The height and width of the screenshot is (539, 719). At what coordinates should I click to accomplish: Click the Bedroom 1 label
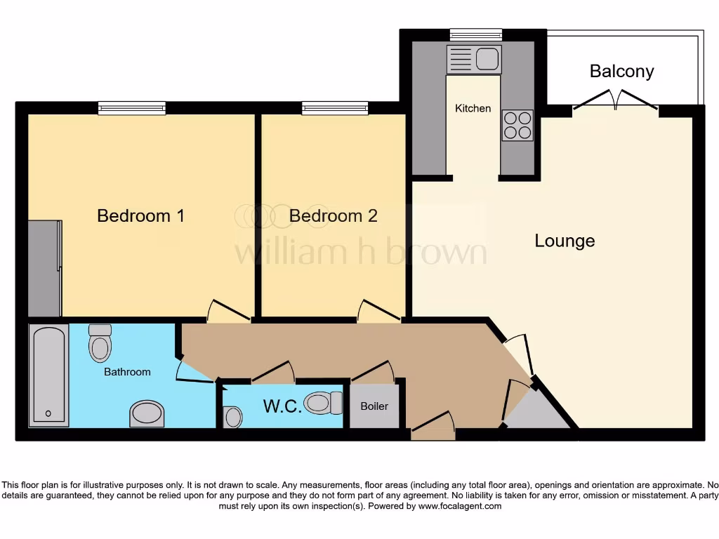pyautogui.click(x=140, y=215)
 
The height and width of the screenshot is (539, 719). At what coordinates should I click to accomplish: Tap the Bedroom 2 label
pyautogui.click(x=333, y=215)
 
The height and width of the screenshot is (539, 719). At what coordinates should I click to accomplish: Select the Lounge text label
pyautogui.click(x=565, y=241)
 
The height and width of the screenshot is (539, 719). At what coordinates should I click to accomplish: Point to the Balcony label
pyautogui.click(x=621, y=71)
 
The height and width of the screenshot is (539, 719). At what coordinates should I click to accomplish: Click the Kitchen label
pyautogui.click(x=473, y=108)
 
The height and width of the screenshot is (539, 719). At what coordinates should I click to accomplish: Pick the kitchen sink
pyautogui.click(x=474, y=60)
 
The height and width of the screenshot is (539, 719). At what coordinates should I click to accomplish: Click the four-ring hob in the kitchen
pyautogui.click(x=517, y=125)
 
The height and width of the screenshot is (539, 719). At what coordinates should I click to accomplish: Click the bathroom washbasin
pyautogui.click(x=147, y=413)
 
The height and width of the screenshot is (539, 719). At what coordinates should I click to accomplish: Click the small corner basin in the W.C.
pyautogui.click(x=232, y=417)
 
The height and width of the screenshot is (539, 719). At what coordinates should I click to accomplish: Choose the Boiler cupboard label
pyautogui.click(x=374, y=406)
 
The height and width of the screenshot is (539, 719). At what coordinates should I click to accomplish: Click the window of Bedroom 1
pyautogui.click(x=132, y=108)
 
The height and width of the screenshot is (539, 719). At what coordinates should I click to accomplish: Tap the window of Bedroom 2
pyautogui.click(x=335, y=108)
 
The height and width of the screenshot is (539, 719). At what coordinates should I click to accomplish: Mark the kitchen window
pyautogui.click(x=475, y=34)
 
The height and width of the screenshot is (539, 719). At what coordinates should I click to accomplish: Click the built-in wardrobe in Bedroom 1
pyautogui.click(x=44, y=268)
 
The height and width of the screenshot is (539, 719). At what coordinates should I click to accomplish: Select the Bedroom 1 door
pyautogui.click(x=229, y=312)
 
